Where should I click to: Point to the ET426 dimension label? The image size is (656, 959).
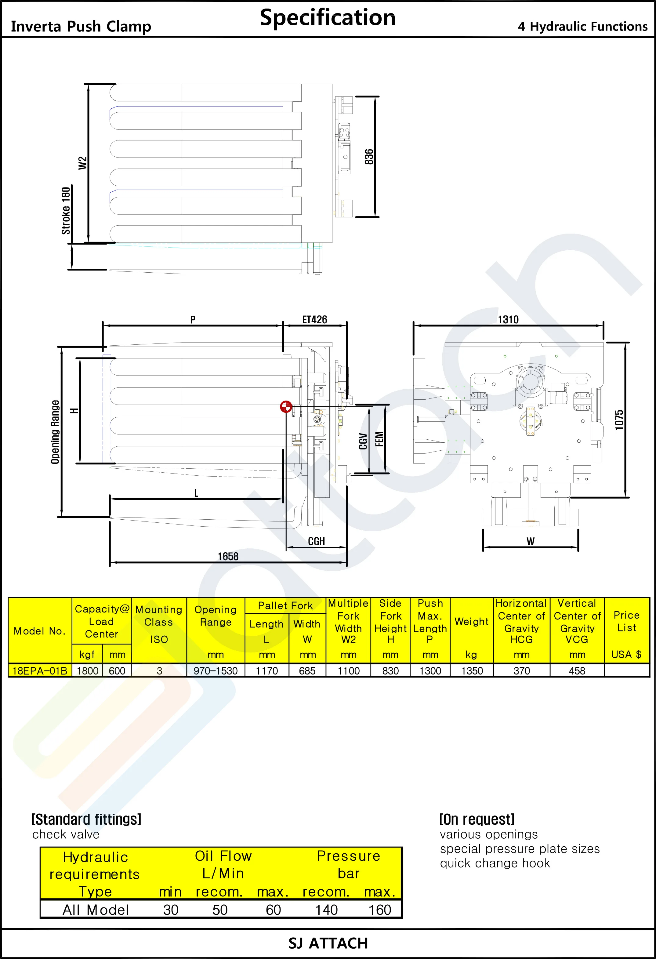[x=314, y=320]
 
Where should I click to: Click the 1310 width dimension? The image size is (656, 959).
[x=508, y=320]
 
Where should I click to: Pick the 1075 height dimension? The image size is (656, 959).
[x=619, y=420]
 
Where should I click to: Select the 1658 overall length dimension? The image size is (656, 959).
[x=228, y=557]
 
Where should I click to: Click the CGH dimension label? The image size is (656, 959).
[x=317, y=541]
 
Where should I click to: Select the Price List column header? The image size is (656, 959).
[x=627, y=621]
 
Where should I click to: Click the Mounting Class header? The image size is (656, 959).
[x=159, y=616]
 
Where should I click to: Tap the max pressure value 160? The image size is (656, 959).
[x=379, y=910]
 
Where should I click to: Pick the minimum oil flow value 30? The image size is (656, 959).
[x=171, y=910]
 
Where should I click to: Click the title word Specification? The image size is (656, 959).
[x=328, y=17]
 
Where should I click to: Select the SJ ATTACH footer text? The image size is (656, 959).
[x=328, y=943]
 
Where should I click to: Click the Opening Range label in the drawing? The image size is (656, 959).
[x=55, y=432]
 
